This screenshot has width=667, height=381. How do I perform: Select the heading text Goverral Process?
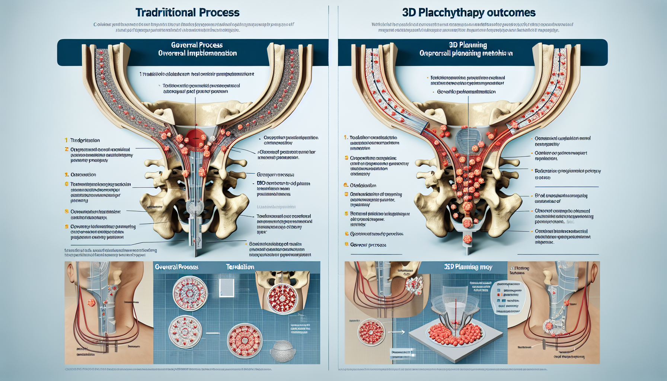point(197,45)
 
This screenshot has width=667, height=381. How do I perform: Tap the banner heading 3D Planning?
point(468,45)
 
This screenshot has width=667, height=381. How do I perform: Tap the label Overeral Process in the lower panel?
point(176,267)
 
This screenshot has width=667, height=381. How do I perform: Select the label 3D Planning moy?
point(468,267)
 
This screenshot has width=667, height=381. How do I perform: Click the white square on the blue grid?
point(227,288)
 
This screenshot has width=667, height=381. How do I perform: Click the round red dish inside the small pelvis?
point(282,299)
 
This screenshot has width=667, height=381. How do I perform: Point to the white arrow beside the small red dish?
point(397,332)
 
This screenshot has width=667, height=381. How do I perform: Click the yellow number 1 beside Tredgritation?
point(66,140)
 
